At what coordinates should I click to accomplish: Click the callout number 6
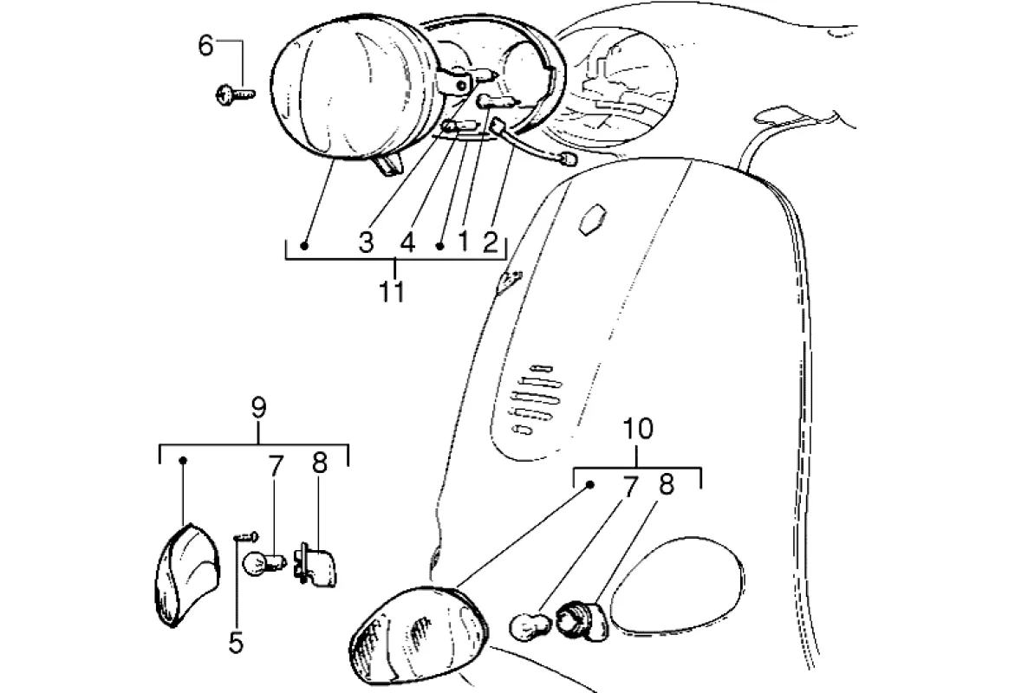(205, 46)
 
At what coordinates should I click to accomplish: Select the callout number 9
(258, 407)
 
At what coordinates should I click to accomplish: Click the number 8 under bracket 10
(666, 486)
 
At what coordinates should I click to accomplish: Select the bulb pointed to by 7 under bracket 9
(261, 564)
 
